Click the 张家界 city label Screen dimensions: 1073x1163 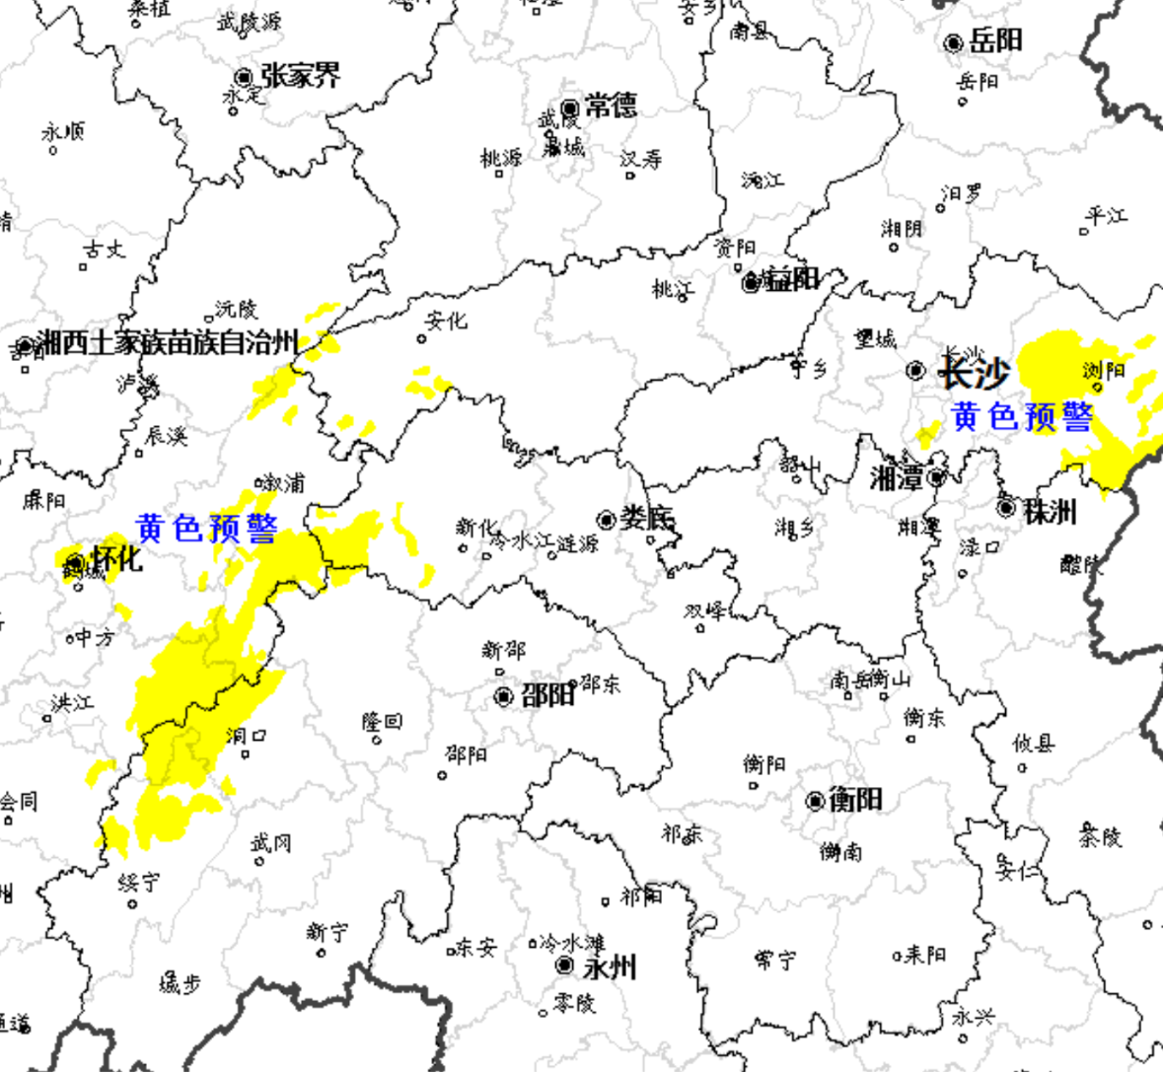301,75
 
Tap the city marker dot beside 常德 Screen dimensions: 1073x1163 570,107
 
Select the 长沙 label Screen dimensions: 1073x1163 974,372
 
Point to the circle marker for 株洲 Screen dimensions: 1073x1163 1006,508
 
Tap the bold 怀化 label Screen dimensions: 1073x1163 116,559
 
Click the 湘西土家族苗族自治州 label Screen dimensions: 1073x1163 168,342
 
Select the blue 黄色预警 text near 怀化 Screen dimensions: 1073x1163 207,529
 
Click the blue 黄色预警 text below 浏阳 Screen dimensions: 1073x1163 1022,417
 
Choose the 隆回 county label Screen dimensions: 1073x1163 382,722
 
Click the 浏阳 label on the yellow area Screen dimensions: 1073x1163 1104,371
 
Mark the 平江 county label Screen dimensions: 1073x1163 1107,216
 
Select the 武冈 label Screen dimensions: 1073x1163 270,842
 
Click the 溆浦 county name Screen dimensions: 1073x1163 284,483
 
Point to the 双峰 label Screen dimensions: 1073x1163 705,611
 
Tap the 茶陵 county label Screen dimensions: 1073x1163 1100,836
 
